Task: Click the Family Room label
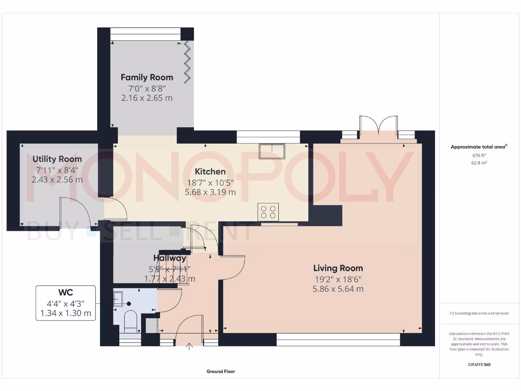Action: point(147,77)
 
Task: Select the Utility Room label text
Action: point(57,159)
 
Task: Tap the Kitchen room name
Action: point(210,172)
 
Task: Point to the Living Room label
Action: point(338,268)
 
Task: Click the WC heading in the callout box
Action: point(65,293)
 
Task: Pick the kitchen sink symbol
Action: point(272,151)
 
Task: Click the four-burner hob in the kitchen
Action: point(268,211)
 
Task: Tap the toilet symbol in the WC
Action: point(130,320)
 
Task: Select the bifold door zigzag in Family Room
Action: point(188,58)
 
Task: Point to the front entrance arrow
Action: point(190,347)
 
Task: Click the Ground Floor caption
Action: point(220,372)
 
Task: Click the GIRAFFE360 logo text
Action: point(478,365)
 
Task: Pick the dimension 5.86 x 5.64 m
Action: point(338,289)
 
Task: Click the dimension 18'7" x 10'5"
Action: point(210,182)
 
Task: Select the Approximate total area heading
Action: point(478,147)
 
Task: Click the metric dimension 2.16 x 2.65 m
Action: point(147,98)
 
